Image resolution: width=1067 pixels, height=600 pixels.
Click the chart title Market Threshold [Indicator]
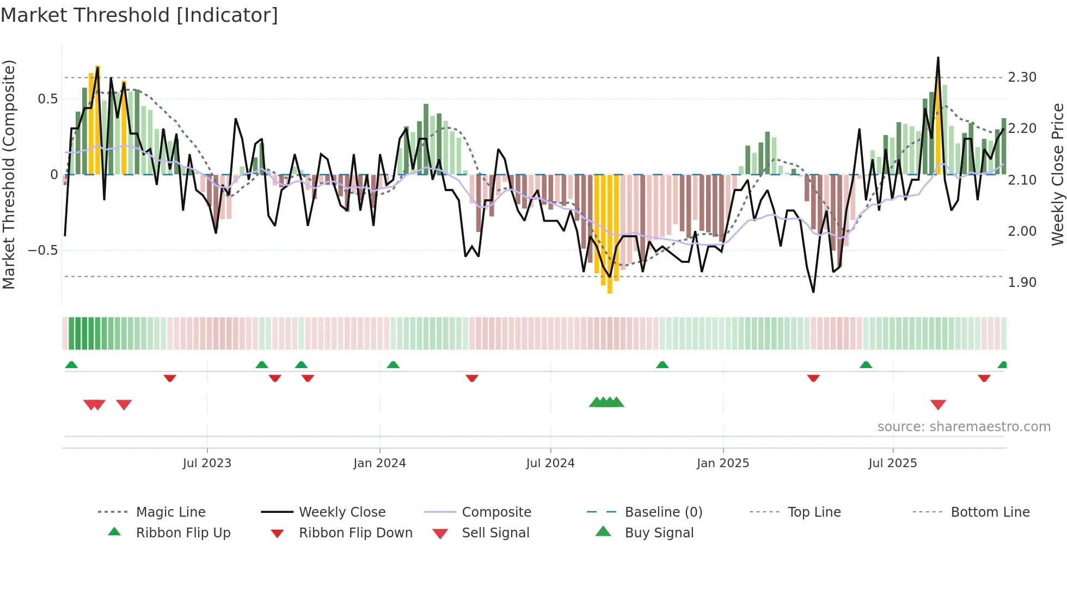pyautogui.click(x=139, y=15)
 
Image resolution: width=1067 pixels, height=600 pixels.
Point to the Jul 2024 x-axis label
pyautogui.click(x=550, y=463)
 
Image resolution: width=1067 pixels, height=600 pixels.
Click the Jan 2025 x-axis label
pyautogui.click(x=723, y=463)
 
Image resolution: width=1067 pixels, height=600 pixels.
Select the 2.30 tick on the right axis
pyautogui.click(x=1022, y=77)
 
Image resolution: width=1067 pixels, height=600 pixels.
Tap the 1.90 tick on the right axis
pyautogui.click(x=1022, y=283)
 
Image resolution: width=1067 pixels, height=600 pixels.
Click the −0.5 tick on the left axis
pyautogui.click(x=42, y=250)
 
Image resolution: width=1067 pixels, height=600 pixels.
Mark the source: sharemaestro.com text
pyautogui.click(x=964, y=427)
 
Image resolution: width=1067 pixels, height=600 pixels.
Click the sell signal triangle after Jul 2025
pyautogui.click(x=938, y=405)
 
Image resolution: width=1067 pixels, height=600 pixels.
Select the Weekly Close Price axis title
pyautogui.click(x=1057, y=174)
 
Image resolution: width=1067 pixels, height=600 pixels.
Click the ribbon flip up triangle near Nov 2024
pyautogui.click(x=662, y=365)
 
